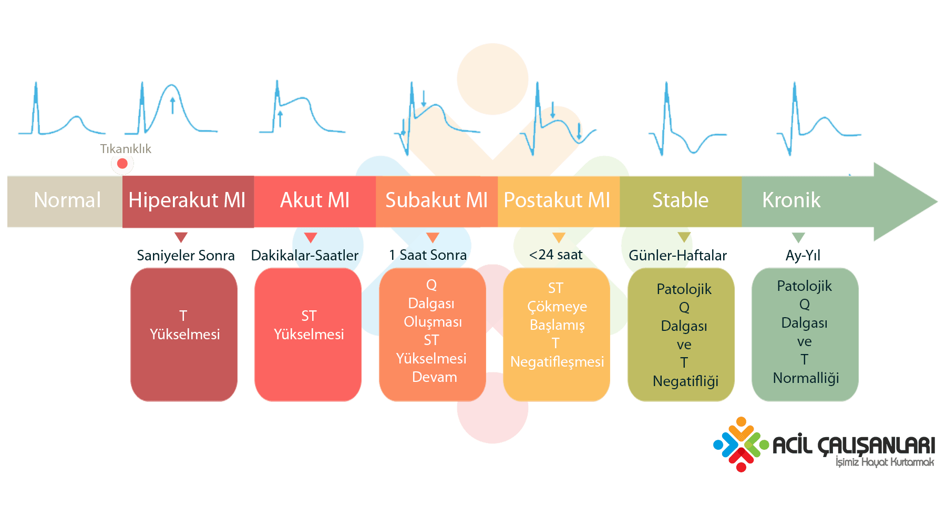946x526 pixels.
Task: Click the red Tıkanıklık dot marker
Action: [122, 164]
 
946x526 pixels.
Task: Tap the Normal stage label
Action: [67, 200]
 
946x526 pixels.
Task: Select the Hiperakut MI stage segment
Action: [188, 201]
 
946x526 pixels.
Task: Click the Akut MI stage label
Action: [315, 200]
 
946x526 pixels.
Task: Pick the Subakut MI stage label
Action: [437, 200]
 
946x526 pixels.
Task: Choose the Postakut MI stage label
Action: [557, 200]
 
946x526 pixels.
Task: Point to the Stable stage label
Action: [681, 200]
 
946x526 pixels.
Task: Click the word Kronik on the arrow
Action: [791, 200]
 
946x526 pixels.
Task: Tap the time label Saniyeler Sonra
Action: [186, 256]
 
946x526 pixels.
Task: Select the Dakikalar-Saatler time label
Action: [305, 256]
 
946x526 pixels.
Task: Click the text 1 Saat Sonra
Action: [428, 255]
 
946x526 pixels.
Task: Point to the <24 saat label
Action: [556, 255]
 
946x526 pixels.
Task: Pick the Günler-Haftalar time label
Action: [678, 256]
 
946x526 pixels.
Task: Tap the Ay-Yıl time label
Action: [803, 256]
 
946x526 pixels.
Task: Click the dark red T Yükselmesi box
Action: [184, 335]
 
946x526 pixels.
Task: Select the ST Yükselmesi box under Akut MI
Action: [308, 335]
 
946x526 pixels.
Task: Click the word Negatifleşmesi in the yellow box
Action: [557, 362]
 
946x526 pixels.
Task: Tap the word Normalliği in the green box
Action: [806, 378]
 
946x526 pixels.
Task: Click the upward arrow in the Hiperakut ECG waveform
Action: [172, 105]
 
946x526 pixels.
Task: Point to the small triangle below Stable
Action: [684, 237]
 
